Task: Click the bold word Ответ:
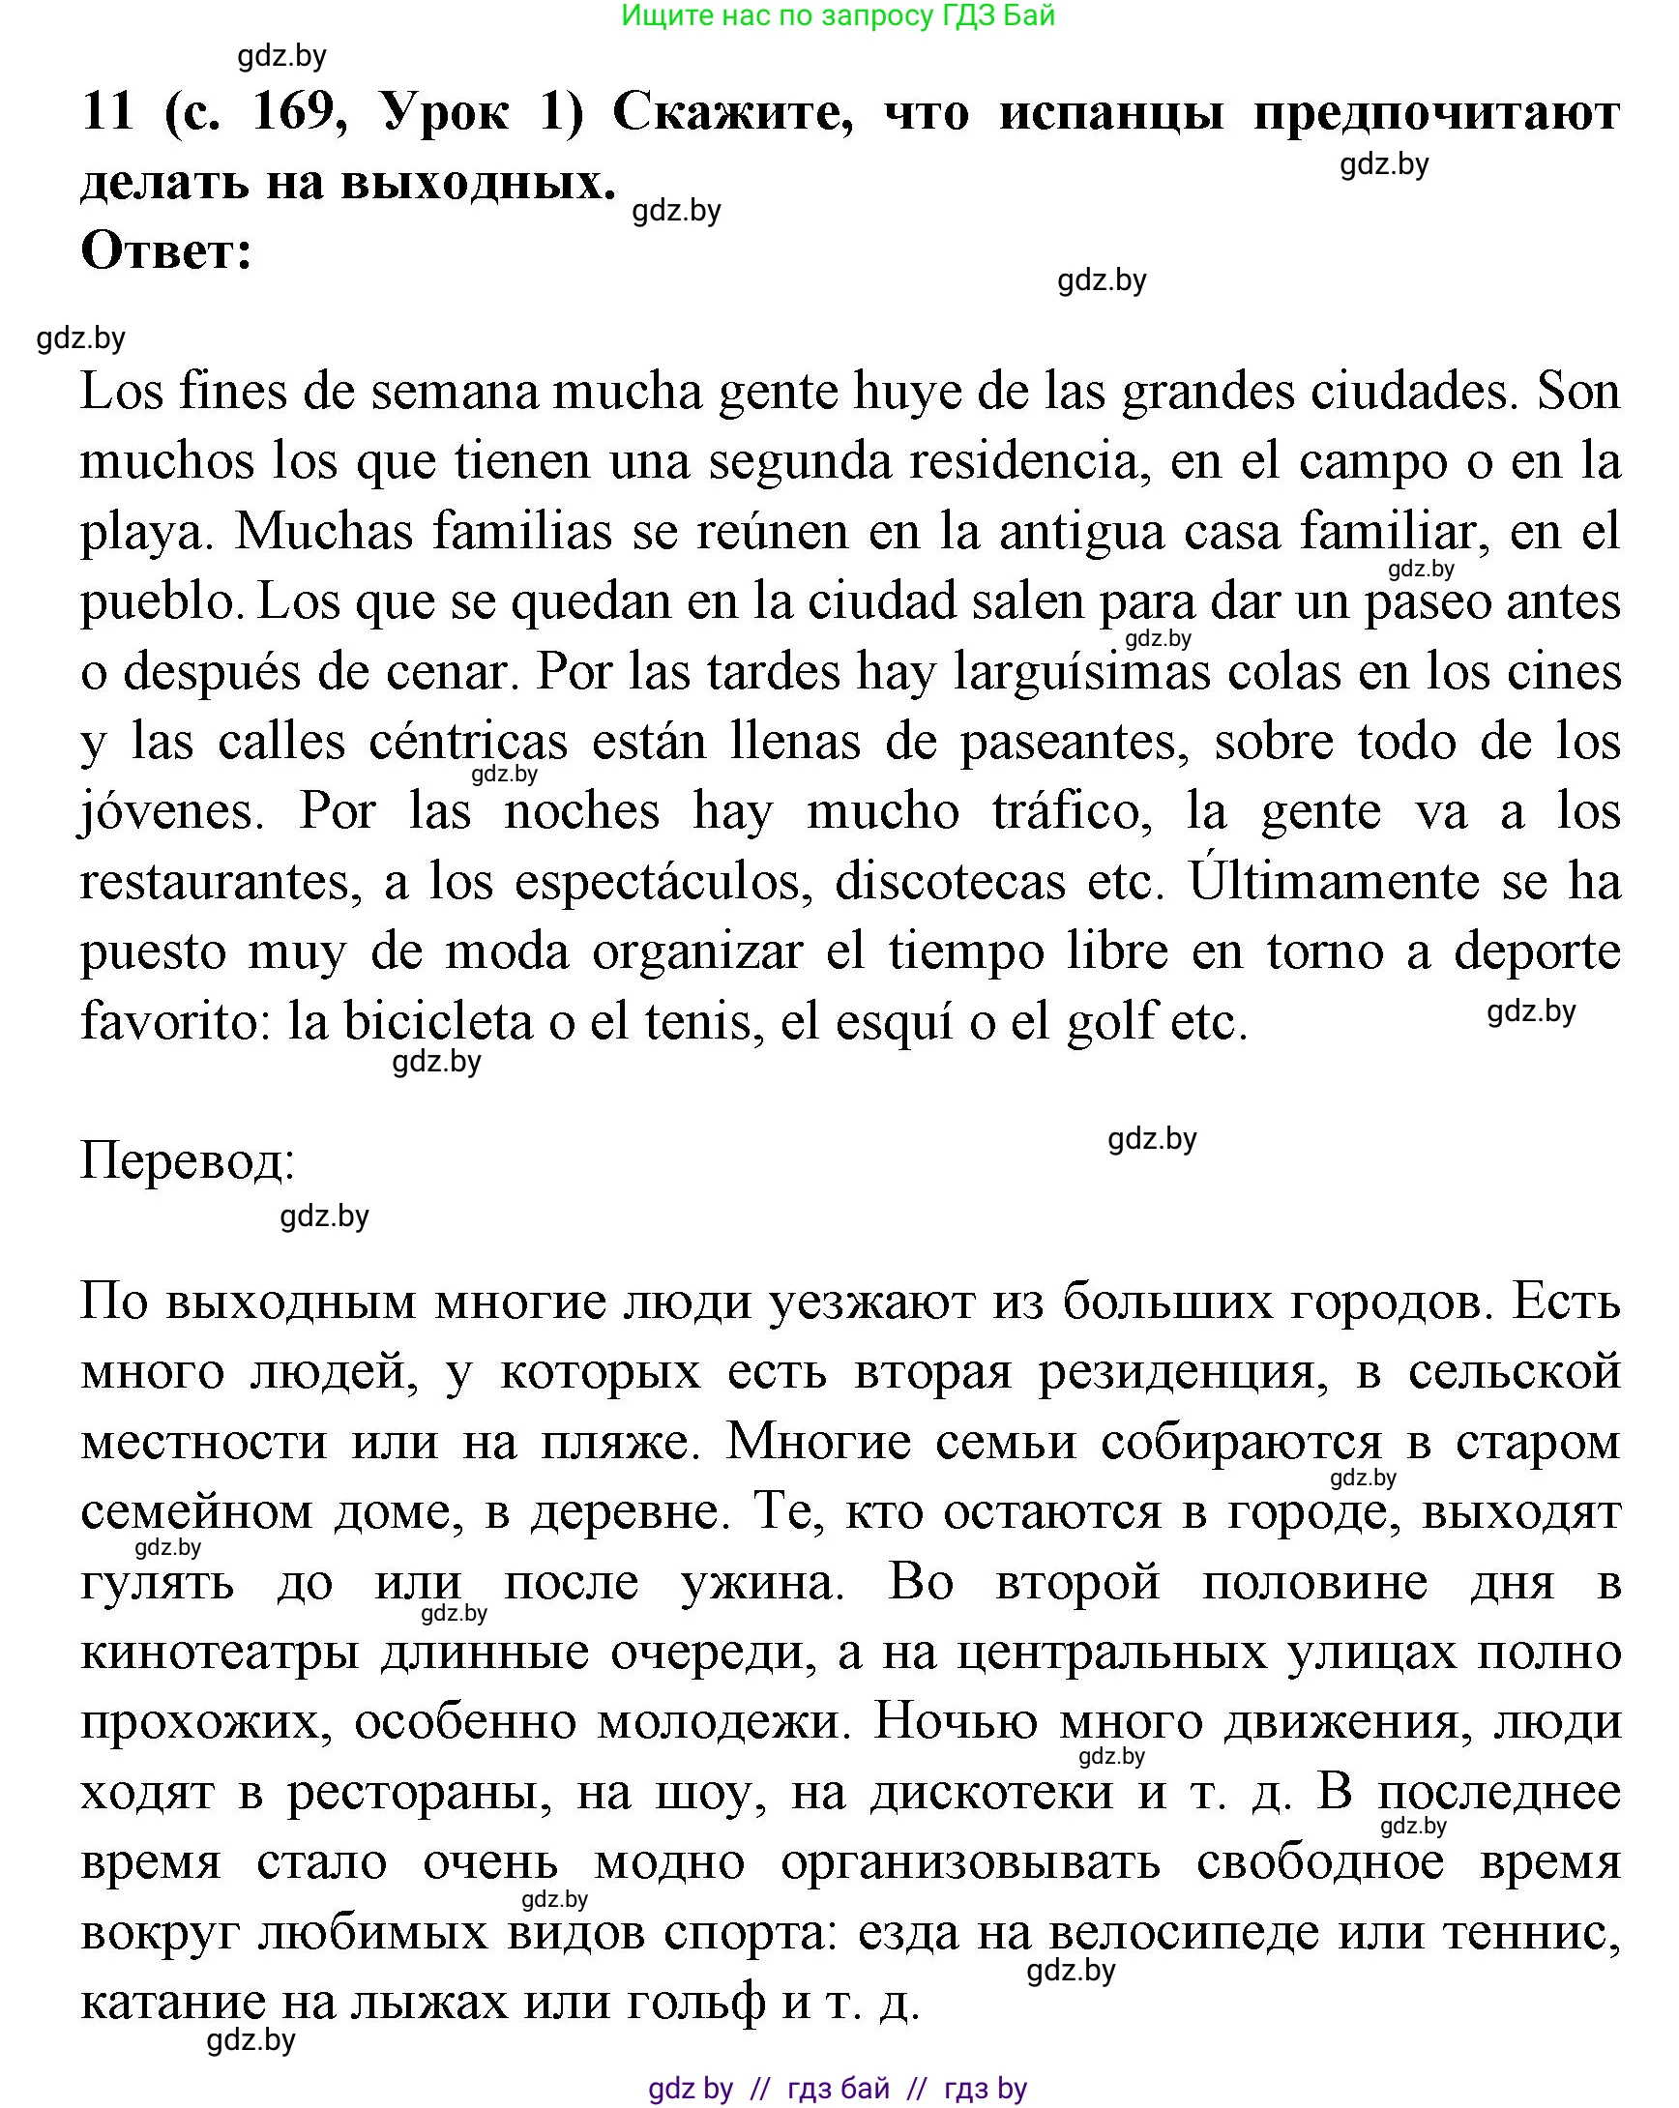pos(167,251)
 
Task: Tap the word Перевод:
pos(188,1162)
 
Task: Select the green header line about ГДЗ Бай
pos(838,15)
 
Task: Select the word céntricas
pos(468,742)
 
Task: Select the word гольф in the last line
pos(695,2004)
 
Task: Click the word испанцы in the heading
pos(1111,112)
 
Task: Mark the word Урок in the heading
pos(446,112)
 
